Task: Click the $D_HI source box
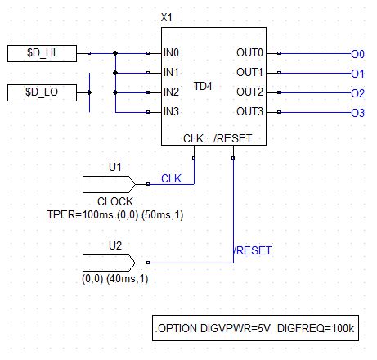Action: [42, 53]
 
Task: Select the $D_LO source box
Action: [42, 92]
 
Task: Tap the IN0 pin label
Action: [171, 52]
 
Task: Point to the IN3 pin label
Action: [171, 111]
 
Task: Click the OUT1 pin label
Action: [249, 72]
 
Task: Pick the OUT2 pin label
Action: [249, 92]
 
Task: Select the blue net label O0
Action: [357, 54]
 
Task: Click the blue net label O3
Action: [357, 113]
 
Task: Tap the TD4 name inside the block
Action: [203, 86]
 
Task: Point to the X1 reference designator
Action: [167, 17]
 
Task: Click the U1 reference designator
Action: [115, 167]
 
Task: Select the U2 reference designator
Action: [115, 245]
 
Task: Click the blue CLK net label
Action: [171, 178]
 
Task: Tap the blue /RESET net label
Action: [252, 250]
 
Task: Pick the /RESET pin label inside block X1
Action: [232, 138]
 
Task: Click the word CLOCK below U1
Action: [115, 201]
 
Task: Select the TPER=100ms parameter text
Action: [80, 214]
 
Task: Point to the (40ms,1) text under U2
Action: [128, 279]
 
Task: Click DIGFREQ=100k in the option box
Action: [316, 328]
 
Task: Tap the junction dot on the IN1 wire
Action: [115, 73]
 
